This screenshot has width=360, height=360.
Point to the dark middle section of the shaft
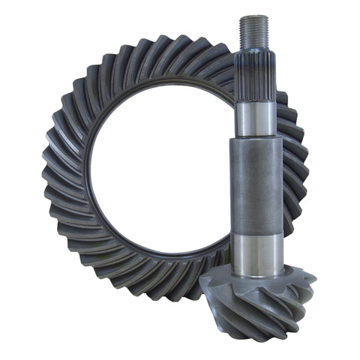[256, 184]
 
